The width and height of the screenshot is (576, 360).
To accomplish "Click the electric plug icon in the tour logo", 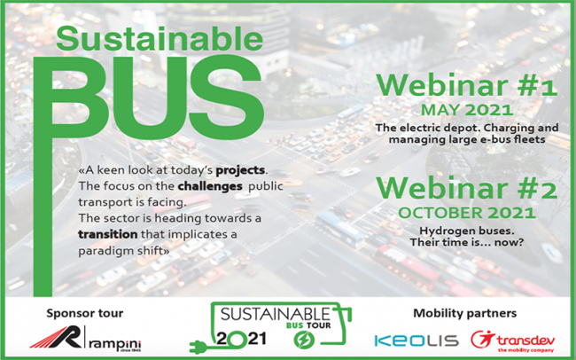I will click(x=201, y=341).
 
